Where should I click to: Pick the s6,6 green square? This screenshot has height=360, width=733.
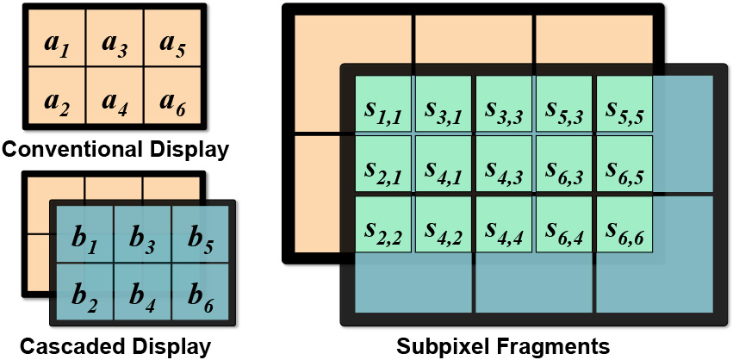(624, 226)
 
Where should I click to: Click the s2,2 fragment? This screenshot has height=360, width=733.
(383, 226)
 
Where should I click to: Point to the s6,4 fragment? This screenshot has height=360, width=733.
(564, 226)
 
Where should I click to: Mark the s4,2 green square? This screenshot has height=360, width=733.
(444, 226)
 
